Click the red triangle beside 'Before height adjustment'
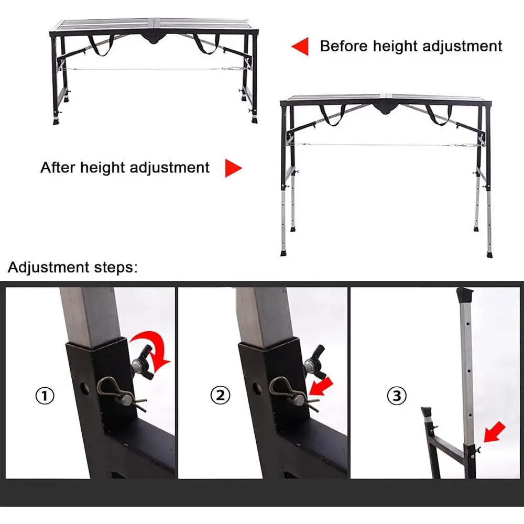(x=300, y=46)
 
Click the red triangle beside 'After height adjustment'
(x=233, y=168)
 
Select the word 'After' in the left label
(x=57, y=168)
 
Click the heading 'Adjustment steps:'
(x=73, y=268)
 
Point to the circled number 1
(x=45, y=396)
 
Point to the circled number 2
(x=220, y=396)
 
